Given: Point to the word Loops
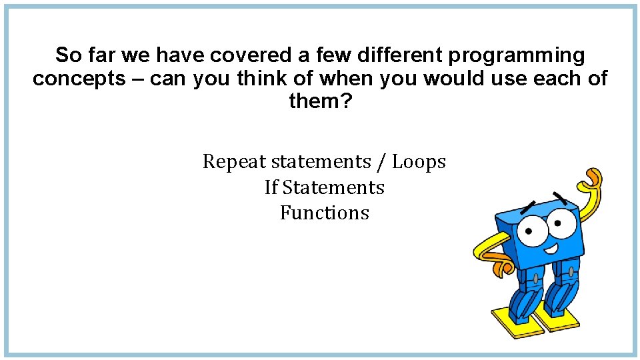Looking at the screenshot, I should [419, 162].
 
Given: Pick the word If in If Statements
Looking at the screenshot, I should [271, 187].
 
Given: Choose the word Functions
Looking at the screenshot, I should [325, 213].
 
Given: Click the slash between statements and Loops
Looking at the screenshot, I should [382, 162].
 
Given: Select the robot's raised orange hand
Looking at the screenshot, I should [593, 181].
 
